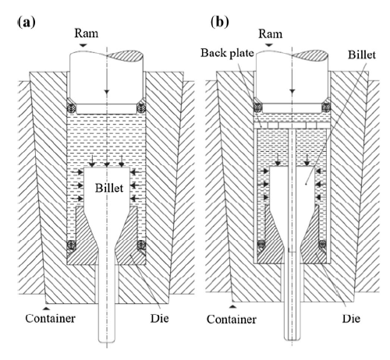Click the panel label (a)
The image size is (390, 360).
(x=27, y=22)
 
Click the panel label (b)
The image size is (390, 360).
(x=220, y=22)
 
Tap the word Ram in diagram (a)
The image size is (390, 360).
(x=87, y=34)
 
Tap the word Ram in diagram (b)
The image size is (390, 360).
(x=270, y=34)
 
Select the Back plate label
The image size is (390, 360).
(x=227, y=53)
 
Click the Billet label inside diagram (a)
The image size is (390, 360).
(x=109, y=188)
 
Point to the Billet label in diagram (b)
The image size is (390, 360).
(x=362, y=55)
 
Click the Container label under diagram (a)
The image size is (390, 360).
(x=50, y=319)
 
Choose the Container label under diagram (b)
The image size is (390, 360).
(x=232, y=319)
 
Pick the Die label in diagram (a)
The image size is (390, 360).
(x=159, y=318)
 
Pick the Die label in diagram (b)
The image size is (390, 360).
(x=351, y=319)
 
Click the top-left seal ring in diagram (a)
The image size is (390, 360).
(x=71, y=108)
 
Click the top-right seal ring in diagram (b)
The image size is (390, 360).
(x=326, y=107)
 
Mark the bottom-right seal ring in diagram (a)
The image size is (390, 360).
(x=141, y=245)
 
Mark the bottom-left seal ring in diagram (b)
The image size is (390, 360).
(x=261, y=244)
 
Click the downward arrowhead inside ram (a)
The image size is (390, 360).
(x=107, y=92)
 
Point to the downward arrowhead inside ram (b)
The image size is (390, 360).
(x=292, y=91)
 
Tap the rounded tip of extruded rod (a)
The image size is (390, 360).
(x=107, y=341)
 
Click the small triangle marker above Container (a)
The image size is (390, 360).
(x=46, y=309)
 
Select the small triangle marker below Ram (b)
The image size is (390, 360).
(x=269, y=45)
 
